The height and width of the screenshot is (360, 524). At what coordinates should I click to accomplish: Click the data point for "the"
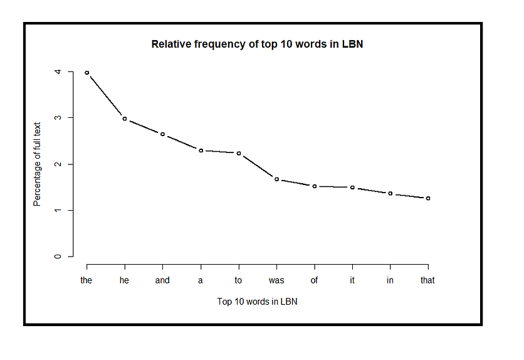click(87, 73)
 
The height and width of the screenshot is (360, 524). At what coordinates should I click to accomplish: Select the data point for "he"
click(125, 119)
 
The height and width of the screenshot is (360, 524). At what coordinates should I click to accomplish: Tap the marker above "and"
click(163, 134)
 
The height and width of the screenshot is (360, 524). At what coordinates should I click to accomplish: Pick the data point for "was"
click(276, 179)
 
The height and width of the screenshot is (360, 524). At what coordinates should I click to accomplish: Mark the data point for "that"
click(428, 198)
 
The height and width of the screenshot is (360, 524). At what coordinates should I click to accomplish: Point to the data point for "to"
click(239, 153)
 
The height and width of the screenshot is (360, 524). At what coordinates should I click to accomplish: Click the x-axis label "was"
click(276, 280)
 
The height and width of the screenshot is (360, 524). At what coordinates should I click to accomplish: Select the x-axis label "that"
click(427, 280)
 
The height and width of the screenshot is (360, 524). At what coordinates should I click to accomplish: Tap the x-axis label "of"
click(314, 280)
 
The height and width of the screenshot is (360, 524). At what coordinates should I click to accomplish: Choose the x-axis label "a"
click(200, 280)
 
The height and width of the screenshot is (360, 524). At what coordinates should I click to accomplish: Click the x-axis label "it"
click(352, 280)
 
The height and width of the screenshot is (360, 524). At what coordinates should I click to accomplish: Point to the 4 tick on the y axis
click(58, 71)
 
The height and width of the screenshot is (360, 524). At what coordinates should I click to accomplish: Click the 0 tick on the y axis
click(58, 257)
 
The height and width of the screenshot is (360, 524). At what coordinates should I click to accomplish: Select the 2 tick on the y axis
click(58, 164)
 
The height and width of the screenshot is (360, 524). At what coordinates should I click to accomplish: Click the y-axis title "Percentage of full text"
click(37, 164)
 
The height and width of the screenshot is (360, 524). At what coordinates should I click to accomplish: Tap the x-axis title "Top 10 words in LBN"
click(258, 302)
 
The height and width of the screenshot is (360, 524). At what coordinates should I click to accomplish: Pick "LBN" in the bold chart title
click(352, 44)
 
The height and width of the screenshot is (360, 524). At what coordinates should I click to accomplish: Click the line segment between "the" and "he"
click(105, 95)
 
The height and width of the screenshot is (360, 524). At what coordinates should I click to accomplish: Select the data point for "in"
click(390, 193)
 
